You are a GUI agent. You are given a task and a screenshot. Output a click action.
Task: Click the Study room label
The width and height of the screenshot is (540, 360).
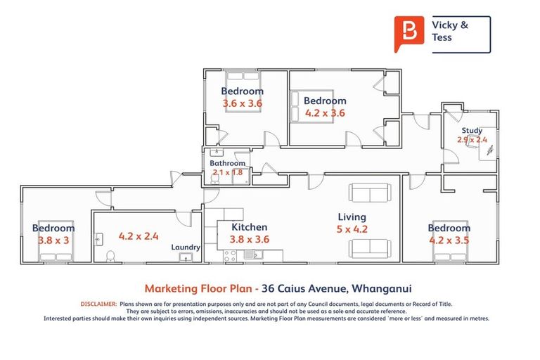tap(472, 131)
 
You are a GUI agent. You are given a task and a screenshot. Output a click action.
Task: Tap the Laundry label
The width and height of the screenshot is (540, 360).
tap(186, 247)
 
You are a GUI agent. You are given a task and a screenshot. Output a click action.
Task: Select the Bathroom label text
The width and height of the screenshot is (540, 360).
tap(228, 163)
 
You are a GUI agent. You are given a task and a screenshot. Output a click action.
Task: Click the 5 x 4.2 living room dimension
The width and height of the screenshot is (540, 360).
tap(352, 229)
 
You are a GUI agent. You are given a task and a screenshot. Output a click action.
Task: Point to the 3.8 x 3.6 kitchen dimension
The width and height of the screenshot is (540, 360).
tap(249, 239)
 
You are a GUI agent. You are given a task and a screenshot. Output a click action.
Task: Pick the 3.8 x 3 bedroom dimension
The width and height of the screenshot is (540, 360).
tap(53, 240)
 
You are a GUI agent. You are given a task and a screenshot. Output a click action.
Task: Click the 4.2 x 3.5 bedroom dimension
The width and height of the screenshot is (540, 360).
tap(449, 240)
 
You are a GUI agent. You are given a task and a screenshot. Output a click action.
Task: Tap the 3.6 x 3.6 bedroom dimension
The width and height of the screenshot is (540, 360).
tap(243, 103)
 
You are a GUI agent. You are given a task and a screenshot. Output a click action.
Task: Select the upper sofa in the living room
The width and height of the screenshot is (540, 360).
tap(369, 193)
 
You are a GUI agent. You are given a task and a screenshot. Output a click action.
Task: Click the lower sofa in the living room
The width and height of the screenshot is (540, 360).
tap(369, 247)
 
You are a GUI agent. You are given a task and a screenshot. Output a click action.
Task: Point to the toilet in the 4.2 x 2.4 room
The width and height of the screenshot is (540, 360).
tap(109, 256)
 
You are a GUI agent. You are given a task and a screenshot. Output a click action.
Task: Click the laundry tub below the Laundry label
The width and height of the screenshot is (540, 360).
tap(187, 258)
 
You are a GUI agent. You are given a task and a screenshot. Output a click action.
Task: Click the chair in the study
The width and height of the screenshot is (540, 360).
tap(489, 150)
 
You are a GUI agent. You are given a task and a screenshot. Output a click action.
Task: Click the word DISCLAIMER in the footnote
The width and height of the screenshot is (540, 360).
tap(98, 304)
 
